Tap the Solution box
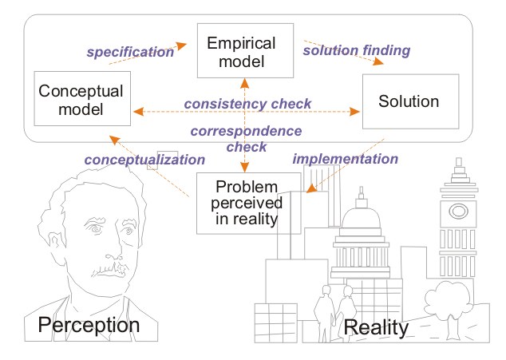click(410, 101)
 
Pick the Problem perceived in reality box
click(248, 203)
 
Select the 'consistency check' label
click(247, 104)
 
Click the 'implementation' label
click(345, 158)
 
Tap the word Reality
click(376, 328)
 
